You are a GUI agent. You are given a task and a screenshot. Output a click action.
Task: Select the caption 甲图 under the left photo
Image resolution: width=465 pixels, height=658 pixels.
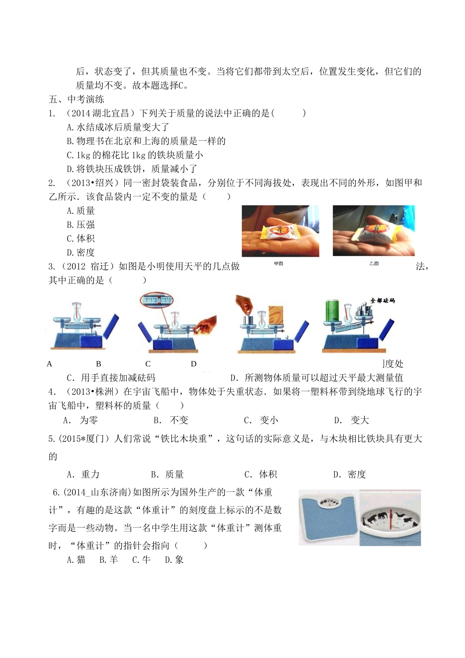coord(279,264)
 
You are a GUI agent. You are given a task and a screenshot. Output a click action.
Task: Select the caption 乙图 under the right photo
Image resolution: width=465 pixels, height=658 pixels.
coord(374,264)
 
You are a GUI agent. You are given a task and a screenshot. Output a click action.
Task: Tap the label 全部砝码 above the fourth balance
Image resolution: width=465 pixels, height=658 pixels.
coord(382,300)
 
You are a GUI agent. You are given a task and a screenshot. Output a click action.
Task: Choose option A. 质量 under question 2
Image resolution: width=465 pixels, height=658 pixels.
coord(81,211)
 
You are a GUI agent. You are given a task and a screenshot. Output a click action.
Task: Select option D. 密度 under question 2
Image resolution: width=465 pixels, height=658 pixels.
coord(81,253)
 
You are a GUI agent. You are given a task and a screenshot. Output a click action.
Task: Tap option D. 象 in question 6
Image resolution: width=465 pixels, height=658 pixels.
coord(174,559)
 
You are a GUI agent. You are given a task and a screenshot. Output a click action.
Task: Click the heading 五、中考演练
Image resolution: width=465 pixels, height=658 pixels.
coord(76,99)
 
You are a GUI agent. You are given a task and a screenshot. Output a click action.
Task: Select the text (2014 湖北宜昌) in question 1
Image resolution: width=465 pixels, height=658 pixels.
coord(101,113)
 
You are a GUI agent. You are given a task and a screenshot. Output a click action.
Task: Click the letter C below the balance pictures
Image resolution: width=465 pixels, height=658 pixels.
coord(148,364)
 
